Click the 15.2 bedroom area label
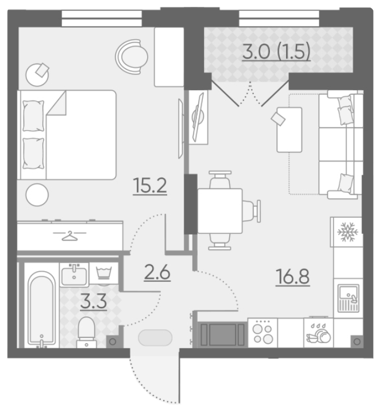coord(150,186)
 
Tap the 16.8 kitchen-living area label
coord(292,277)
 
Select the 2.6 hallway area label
coord(157,272)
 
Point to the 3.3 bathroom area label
coord(94,301)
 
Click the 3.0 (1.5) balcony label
coord(276,52)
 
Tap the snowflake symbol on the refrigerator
coord(348,232)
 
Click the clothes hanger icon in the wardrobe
coord(70,236)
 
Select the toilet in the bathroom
coord(86,332)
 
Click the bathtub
coord(41,309)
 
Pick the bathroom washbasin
coord(74,275)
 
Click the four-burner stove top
coord(263,333)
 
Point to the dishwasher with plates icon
coord(318,333)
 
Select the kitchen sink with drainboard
coord(348,298)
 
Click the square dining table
coord(220,211)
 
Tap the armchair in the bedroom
coord(132,56)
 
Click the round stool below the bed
coord(37,195)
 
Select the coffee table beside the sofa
coord(290,129)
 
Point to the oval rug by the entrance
coord(155,338)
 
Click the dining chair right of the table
coord(252,211)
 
